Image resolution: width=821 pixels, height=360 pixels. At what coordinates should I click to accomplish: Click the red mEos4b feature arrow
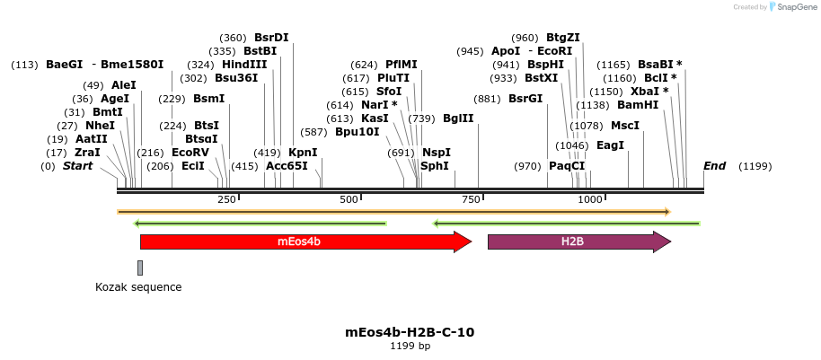point(305,241)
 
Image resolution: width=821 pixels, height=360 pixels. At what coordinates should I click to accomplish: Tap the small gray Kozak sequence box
point(140,268)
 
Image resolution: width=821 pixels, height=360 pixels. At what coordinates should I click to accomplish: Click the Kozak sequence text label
point(138,287)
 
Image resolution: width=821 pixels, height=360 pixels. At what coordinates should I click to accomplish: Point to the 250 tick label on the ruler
point(226,199)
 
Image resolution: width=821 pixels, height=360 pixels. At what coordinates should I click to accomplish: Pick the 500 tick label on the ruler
point(349,199)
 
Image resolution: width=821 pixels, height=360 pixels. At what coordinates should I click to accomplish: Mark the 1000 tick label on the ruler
point(590,199)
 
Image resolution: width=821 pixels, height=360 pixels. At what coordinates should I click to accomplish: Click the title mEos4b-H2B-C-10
point(410,332)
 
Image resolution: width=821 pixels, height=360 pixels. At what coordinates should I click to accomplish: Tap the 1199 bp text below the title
point(410,346)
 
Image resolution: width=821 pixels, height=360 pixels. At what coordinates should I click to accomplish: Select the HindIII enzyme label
point(244,65)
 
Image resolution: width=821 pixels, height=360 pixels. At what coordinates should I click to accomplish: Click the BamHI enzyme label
point(638,105)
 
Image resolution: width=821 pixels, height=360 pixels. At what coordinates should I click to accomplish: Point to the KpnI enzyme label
point(303,153)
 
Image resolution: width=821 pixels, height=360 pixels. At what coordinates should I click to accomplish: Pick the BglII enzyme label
point(458,119)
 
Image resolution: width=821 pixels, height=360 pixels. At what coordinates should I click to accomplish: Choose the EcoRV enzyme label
point(190,153)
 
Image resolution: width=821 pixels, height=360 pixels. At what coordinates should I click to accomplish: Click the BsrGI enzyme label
point(525,99)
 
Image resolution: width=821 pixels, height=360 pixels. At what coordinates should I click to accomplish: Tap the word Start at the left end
point(78,166)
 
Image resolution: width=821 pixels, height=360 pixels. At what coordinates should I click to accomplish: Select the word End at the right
point(714,166)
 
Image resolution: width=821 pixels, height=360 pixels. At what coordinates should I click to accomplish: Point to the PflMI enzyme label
point(402,65)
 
